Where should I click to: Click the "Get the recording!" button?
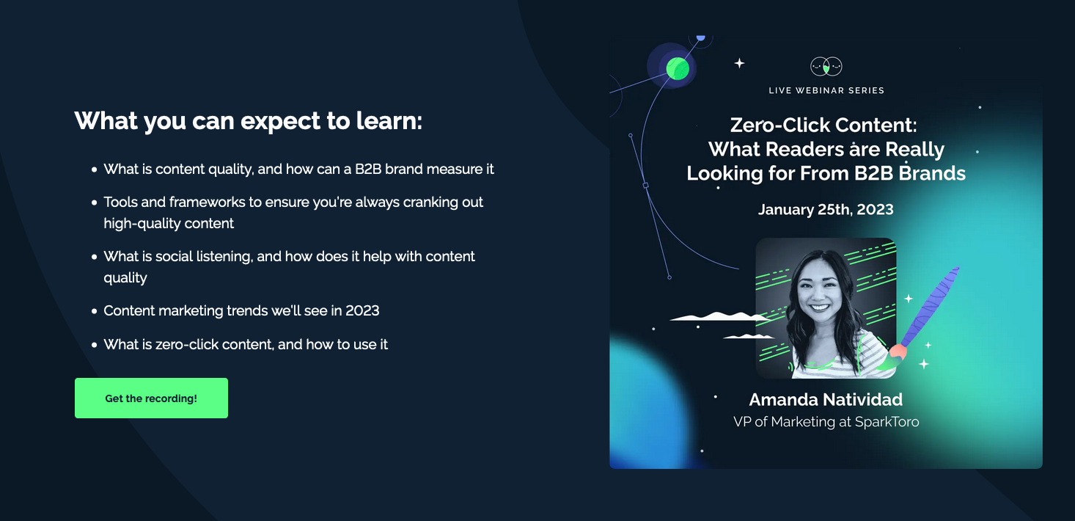click(151, 398)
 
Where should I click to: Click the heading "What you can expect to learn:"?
click(249, 120)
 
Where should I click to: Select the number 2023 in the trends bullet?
click(362, 311)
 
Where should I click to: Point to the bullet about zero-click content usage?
click(246, 344)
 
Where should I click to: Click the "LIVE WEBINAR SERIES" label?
click(826, 90)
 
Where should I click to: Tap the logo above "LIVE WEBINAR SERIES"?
click(826, 67)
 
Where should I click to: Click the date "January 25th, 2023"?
click(826, 209)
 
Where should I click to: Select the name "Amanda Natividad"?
click(826, 400)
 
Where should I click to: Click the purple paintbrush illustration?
click(930, 307)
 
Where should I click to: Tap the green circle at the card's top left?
click(677, 68)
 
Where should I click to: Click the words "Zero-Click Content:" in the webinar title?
click(823, 125)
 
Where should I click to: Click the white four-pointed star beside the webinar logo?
click(739, 63)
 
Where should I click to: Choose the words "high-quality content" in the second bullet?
click(169, 224)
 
